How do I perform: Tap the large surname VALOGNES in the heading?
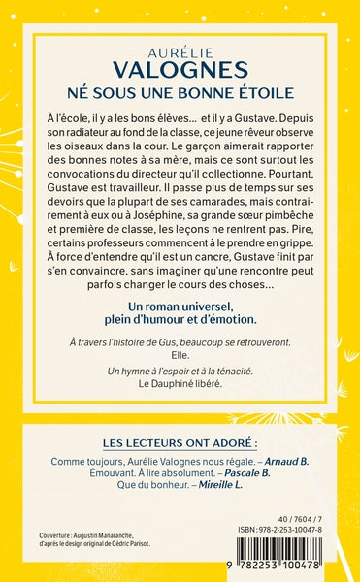180,66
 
